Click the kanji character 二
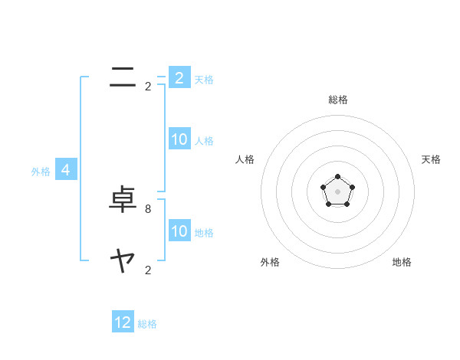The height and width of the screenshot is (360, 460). pyautogui.click(x=123, y=77)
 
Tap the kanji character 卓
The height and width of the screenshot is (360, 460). pyautogui.click(x=123, y=201)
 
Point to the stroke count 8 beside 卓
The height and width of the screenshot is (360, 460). pyautogui.click(x=148, y=208)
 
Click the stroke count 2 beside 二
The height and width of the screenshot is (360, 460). pyautogui.click(x=148, y=87)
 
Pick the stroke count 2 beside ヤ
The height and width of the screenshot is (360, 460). pyautogui.click(x=148, y=270)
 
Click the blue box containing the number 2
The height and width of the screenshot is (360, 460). pyautogui.click(x=179, y=78)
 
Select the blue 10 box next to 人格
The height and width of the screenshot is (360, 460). pyautogui.click(x=179, y=139)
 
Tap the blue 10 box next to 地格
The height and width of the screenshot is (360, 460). pyautogui.click(x=179, y=231)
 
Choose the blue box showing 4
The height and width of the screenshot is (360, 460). pyautogui.click(x=66, y=170)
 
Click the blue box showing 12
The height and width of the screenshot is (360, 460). pyautogui.click(x=123, y=322)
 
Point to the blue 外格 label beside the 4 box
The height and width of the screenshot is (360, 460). pyautogui.click(x=41, y=172)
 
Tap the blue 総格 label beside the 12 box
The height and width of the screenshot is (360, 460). pyautogui.click(x=147, y=324)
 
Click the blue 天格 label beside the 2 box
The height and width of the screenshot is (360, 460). pyautogui.click(x=204, y=80)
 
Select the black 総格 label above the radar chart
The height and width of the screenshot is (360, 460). pyautogui.click(x=338, y=100)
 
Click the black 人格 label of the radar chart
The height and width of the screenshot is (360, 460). pyautogui.click(x=245, y=159)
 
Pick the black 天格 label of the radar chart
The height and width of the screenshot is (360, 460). pyautogui.click(x=432, y=159)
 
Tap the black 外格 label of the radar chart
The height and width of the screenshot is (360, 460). pyautogui.click(x=270, y=262)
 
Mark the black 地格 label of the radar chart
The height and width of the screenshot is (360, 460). pyautogui.click(x=402, y=262)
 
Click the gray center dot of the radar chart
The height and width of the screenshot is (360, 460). pyautogui.click(x=338, y=191)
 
